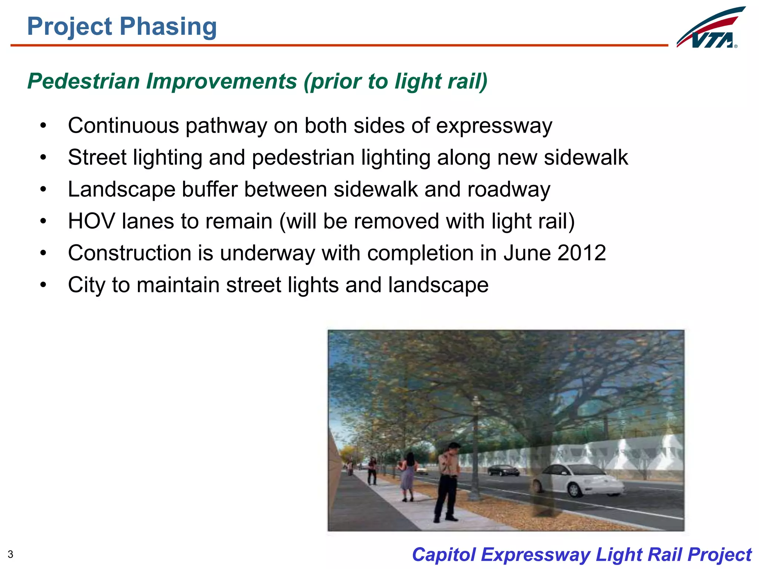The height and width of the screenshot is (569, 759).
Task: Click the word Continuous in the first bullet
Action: (123, 126)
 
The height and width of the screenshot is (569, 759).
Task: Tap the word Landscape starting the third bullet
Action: (121, 190)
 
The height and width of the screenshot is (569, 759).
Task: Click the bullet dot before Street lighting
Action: (43, 157)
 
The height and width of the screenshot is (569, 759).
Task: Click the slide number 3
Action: (10, 555)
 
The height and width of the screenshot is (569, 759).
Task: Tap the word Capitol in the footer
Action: (444, 555)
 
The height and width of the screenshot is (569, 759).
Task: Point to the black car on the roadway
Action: (503, 471)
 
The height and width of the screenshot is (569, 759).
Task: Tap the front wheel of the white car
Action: (574, 490)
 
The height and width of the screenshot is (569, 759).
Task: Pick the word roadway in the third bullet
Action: (509, 190)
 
